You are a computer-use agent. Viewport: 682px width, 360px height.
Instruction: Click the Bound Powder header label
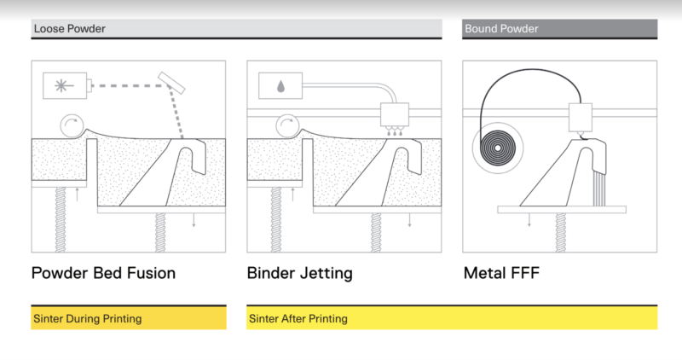[501, 29]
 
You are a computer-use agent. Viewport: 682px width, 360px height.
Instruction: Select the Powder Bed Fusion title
[103, 274]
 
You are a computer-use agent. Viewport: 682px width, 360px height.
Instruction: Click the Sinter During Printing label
[88, 319]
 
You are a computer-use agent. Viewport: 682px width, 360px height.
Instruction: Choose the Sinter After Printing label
[298, 319]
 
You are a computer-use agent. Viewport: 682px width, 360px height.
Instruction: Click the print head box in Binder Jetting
[395, 114]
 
